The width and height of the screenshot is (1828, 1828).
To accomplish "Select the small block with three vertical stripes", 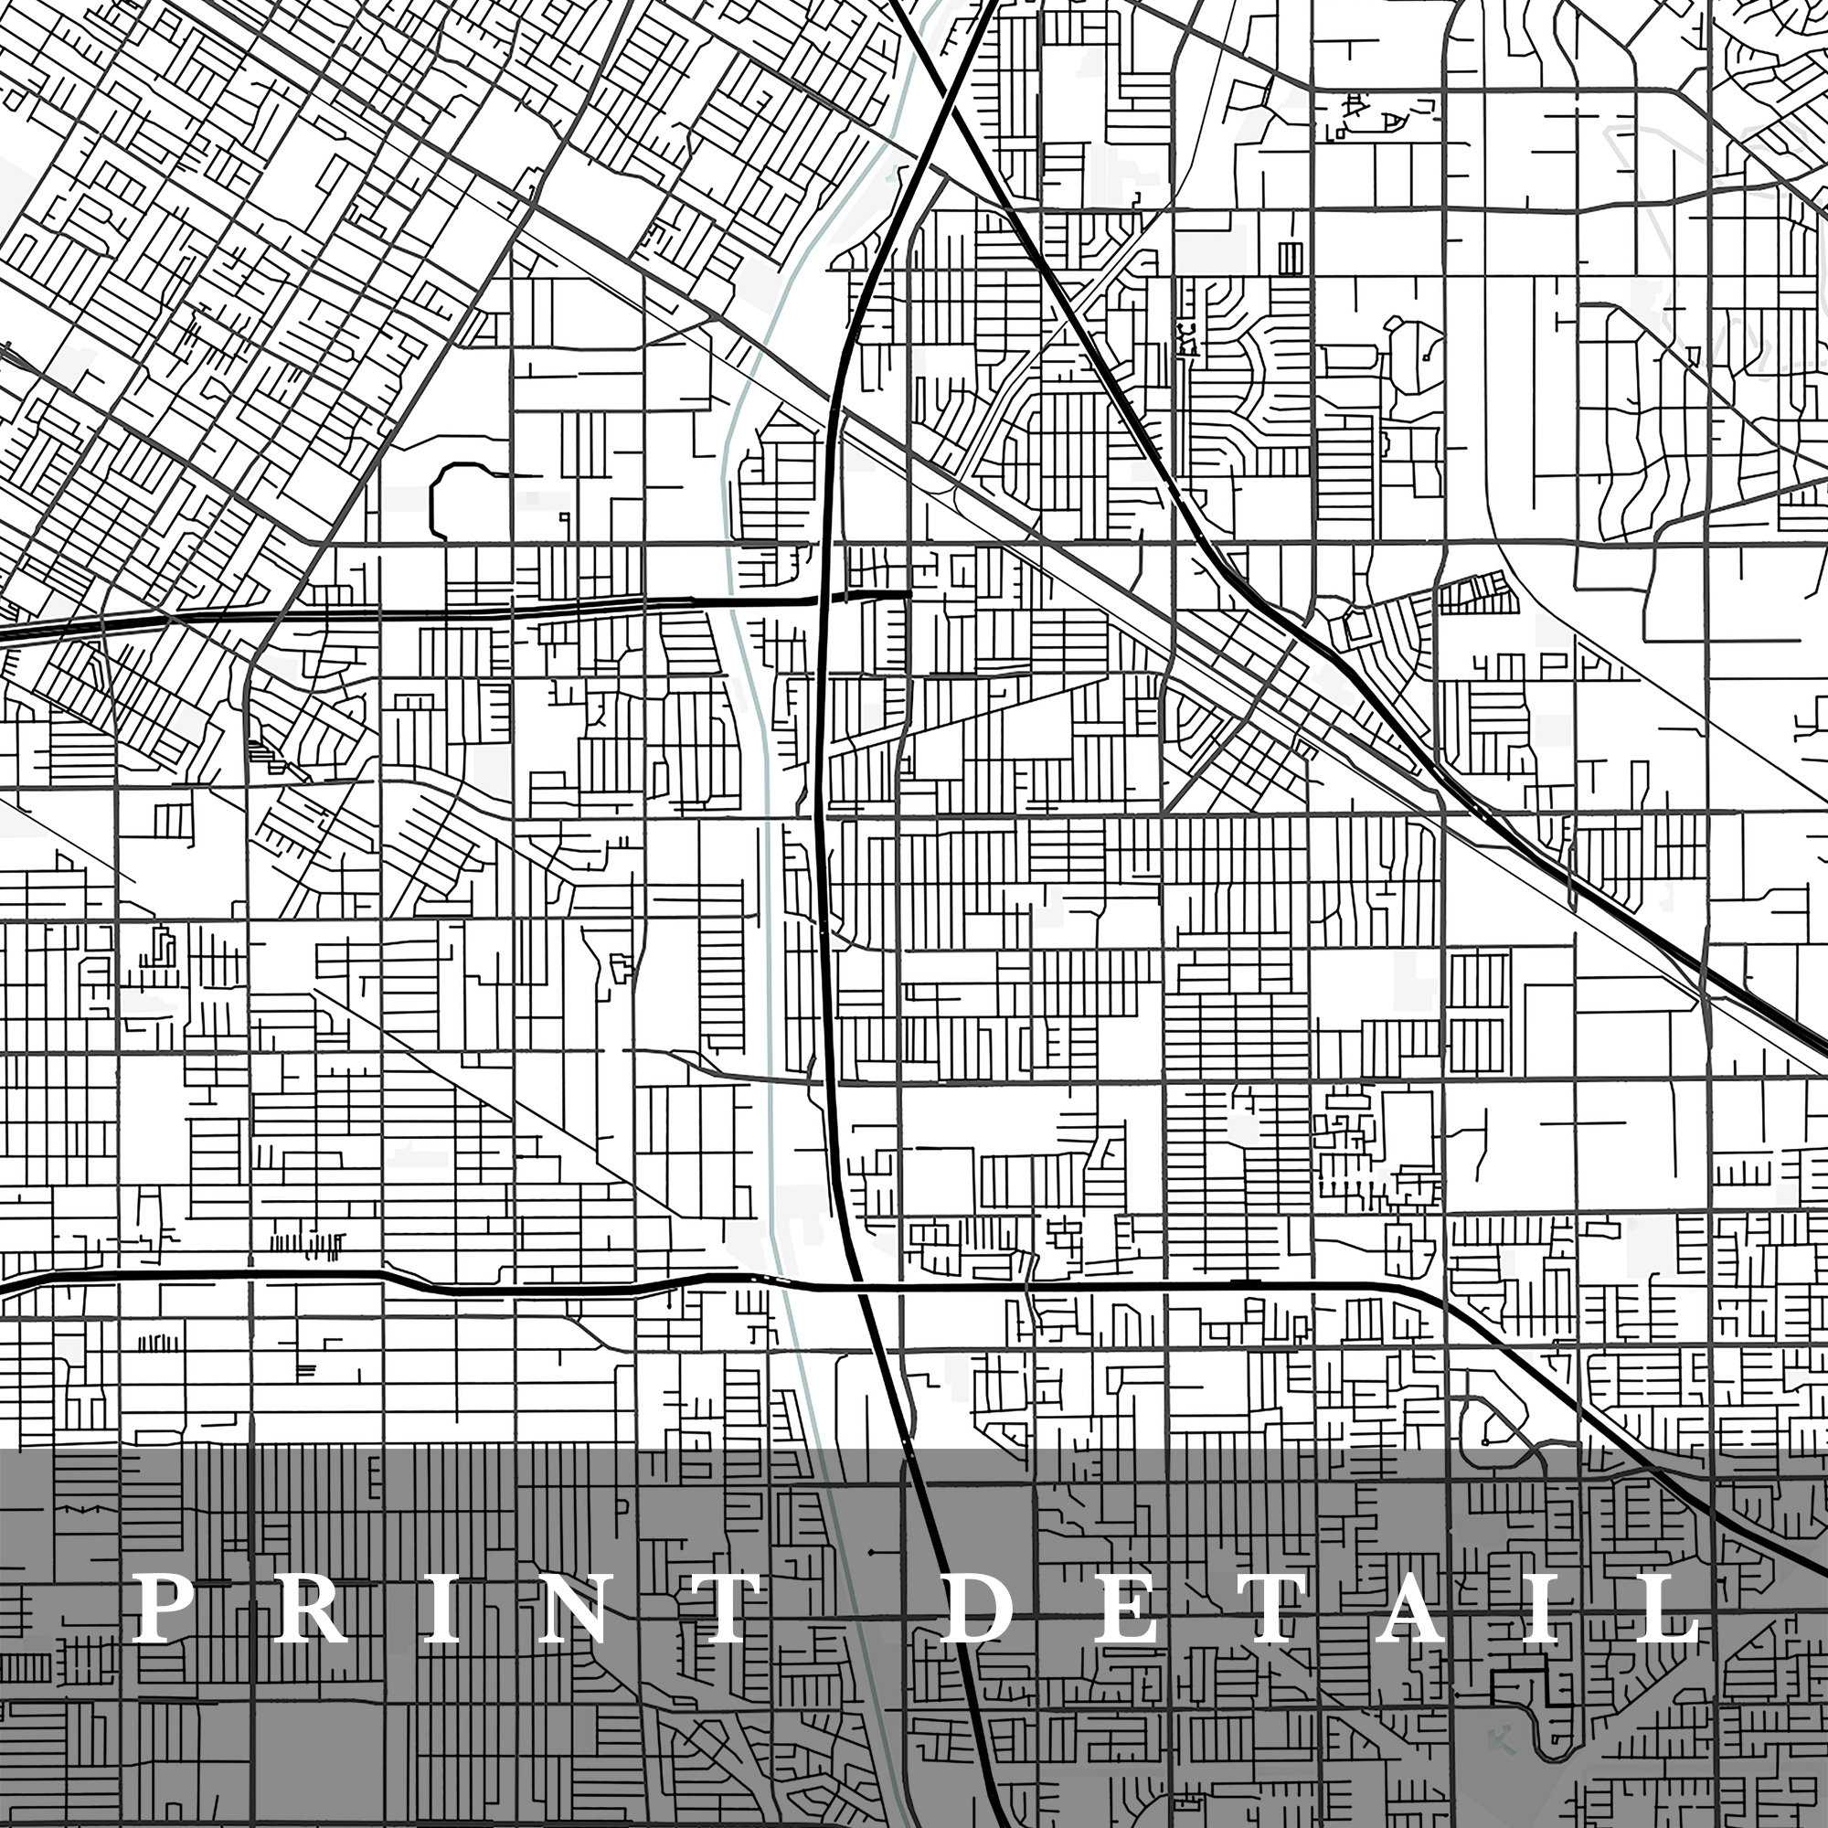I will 1290,257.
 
